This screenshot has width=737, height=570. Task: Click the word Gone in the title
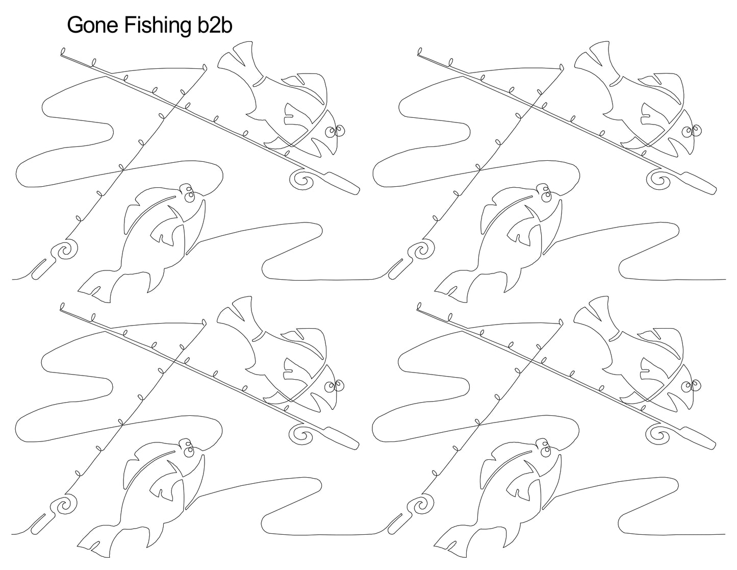click(92, 26)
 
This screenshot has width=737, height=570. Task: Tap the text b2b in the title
click(214, 26)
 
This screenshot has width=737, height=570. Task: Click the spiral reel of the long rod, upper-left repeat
click(302, 180)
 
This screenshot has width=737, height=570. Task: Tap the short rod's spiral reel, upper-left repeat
click(67, 251)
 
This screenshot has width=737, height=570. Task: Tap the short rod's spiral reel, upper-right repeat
click(423, 251)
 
